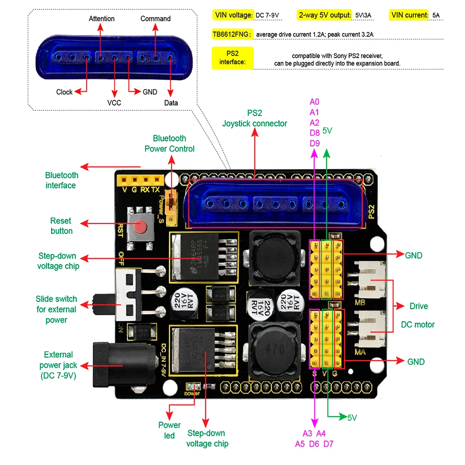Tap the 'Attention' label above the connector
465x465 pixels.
(x=101, y=19)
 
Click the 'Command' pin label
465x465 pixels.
(x=155, y=19)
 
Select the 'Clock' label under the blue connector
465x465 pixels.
(x=64, y=92)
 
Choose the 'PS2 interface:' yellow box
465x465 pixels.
(x=232, y=58)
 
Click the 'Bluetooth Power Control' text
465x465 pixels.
(x=169, y=143)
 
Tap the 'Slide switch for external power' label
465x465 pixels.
(x=56, y=309)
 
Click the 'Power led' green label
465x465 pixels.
(x=169, y=430)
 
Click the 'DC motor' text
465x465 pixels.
(x=418, y=324)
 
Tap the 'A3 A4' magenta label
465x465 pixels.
(x=314, y=433)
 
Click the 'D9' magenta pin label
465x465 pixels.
(x=314, y=143)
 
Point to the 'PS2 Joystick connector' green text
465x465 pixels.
(x=254, y=118)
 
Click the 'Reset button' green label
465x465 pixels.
(x=61, y=226)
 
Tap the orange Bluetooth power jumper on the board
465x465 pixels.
(x=173, y=201)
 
